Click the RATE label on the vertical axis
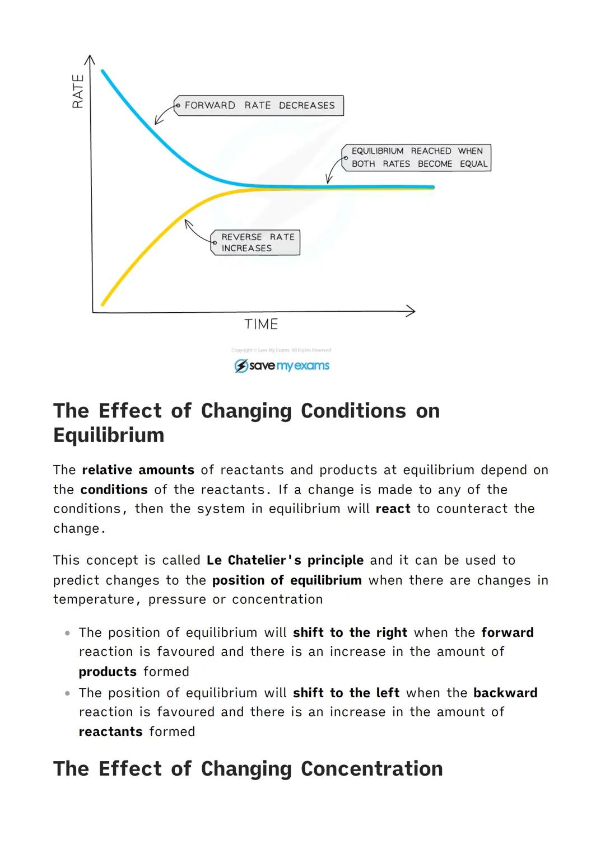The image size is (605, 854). click(78, 91)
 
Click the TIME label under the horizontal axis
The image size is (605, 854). click(261, 325)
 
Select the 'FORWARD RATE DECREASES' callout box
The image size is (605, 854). click(259, 105)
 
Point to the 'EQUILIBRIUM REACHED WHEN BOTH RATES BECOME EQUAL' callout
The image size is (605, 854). click(417, 157)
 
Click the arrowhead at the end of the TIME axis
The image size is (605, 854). click(411, 311)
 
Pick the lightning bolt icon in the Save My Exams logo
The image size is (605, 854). click(241, 366)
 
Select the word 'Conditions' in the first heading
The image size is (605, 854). click(353, 411)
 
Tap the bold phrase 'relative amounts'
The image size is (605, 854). click(138, 470)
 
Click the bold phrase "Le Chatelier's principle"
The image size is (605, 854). click(285, 560)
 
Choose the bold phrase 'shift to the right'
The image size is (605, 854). click(350, 632)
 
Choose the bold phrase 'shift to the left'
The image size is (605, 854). click(346, 693)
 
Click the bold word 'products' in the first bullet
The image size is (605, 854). click(108, 672)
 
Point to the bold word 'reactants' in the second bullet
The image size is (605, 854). click(110, 732)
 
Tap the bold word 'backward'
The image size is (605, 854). click(505, 693)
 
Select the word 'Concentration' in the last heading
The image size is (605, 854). click(371, 769)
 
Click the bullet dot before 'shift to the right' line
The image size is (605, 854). click(67, 633)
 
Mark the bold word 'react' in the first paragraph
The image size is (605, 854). click(393, 509)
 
